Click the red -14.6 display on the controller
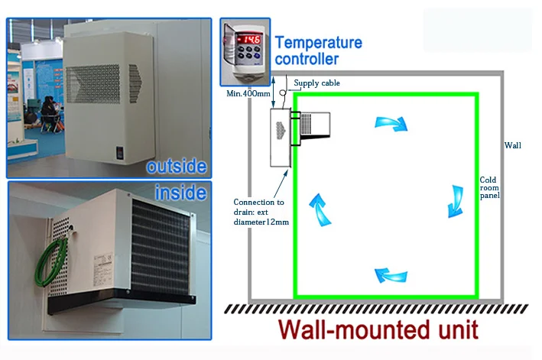(248, 39)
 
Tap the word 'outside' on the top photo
(177, 166)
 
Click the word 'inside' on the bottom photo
(180, 193)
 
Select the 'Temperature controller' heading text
(318, 50)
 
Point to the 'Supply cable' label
(316, 83)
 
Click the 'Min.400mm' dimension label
(248, 93)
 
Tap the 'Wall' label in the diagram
(513, 145)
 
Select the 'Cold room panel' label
(489, 187)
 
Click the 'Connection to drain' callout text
(261, 212)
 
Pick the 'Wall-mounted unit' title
(378, 329)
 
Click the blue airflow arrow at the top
(391, 124)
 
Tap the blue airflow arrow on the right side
(456, 202)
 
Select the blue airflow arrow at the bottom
(391, 275)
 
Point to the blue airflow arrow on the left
(320, 210)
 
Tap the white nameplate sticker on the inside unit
(102, 270)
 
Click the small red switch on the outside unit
(119, 153)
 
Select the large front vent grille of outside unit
(93, 83)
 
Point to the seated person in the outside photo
(50, 113)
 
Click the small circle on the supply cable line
(283, 93)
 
